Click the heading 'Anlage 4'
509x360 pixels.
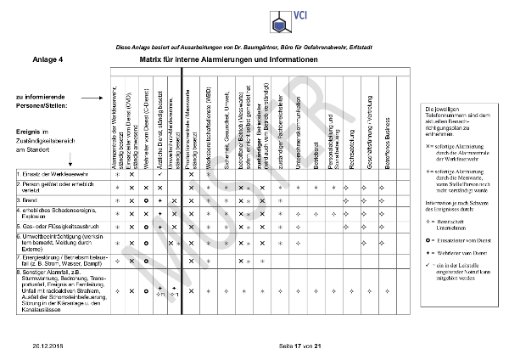click(48, 61)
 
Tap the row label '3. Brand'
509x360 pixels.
click(30, 200)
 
